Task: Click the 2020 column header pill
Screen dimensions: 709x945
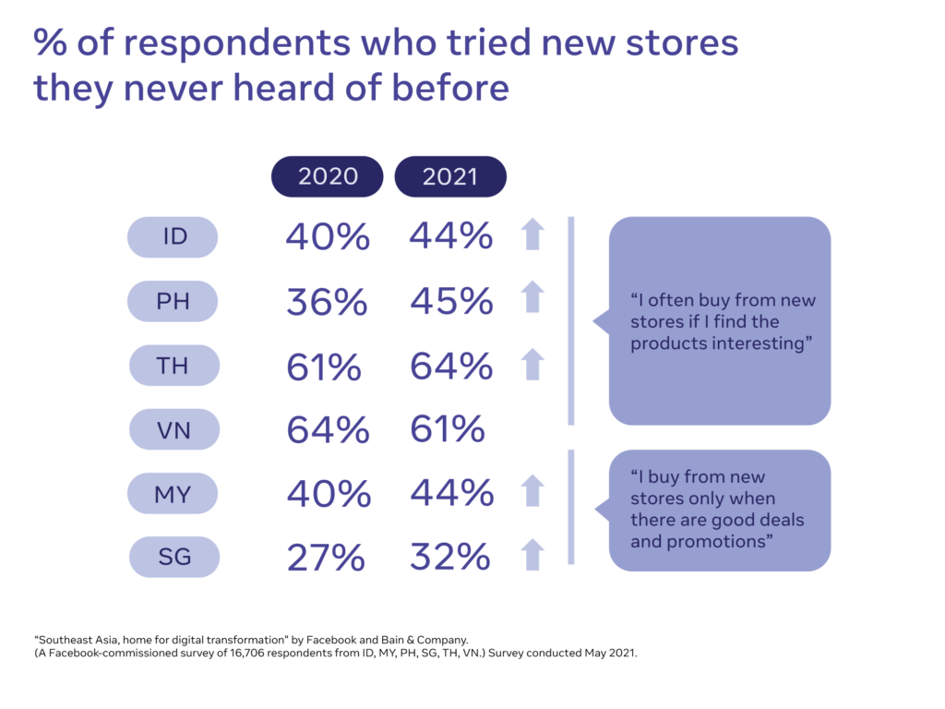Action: pos(327,176)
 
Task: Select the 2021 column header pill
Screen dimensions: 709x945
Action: pos(450,176)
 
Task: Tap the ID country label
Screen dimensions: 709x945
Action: pos(173,237)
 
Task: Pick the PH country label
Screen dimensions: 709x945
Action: pos(173,301)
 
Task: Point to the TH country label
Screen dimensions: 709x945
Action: pos(173,366)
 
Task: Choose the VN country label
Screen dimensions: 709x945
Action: pos(173,429)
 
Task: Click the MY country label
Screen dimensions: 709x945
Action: pos(173,494)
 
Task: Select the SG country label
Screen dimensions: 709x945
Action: pos(173,557)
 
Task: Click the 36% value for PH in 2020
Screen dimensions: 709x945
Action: pos(327,303)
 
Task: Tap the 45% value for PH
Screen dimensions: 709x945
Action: pos(451,301)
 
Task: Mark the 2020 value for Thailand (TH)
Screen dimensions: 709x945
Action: pos(323,367)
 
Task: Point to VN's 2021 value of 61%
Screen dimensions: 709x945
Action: pos(447,430)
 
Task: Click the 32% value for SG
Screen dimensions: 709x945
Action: pos(450,559)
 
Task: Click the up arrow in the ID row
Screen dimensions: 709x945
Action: pos(532,235)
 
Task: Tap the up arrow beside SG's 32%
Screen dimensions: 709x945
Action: pos(532,556)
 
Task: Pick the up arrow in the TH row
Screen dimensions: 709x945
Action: pos(532,364)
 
